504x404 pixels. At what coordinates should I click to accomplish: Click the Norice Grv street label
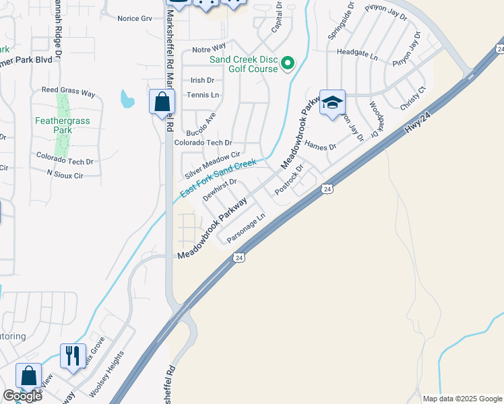[135, 18]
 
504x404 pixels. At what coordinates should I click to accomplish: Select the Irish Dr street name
[202, 79]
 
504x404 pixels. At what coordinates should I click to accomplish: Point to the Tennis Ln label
[203, 95]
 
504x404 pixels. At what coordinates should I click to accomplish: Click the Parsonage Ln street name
[246, 228]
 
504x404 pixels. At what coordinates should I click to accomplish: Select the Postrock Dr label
[290, 179]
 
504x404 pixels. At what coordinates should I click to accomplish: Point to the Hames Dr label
[320, 145]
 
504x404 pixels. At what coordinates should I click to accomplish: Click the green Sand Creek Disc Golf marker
[288, 65]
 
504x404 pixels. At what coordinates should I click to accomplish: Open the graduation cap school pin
[332, 102]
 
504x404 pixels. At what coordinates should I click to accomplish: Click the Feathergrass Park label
[62, 126]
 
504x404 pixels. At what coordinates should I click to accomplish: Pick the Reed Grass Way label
[68, 91]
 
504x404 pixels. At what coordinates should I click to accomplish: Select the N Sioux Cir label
[65, 174]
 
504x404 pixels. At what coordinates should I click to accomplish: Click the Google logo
[22, 396]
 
